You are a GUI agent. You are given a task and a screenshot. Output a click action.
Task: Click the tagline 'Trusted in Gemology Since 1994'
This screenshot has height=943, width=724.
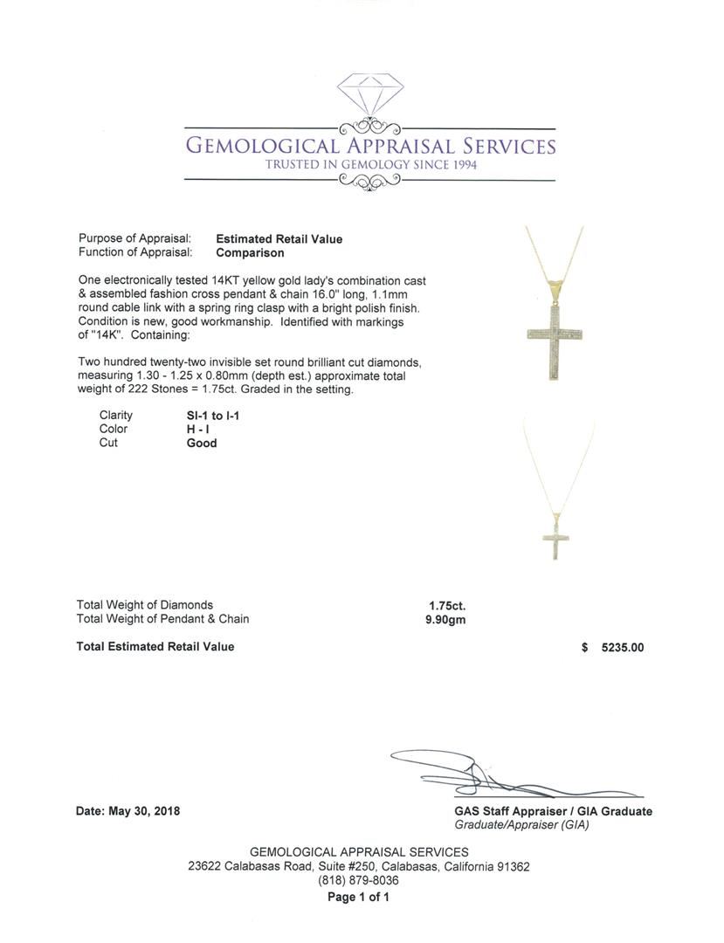click(x=371, y=165)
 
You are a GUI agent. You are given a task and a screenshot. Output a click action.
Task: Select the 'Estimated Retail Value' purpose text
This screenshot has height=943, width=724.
click(x=279, y=239)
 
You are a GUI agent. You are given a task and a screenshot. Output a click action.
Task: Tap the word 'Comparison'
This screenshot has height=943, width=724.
click(x=250, y=253)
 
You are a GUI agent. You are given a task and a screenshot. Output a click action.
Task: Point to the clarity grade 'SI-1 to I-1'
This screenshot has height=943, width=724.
click(x=207, y=416)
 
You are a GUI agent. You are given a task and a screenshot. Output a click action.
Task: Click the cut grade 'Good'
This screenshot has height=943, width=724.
click(x=202, y=443)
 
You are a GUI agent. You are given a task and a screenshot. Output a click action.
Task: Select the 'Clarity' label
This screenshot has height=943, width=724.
click(x=116, y=416)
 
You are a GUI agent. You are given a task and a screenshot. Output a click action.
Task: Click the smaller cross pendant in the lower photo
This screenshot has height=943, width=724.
click(x=550, y=534)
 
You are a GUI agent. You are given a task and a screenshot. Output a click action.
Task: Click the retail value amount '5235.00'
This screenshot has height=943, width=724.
click(x=623, y=648)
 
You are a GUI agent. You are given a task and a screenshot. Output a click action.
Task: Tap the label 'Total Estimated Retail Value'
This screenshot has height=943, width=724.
click(x=155, y=647)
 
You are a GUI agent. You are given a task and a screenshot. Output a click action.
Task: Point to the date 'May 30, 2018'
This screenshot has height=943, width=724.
click(x=144, y=811)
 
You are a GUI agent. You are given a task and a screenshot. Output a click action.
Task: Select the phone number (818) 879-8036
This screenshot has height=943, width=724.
click(x=358, y=881)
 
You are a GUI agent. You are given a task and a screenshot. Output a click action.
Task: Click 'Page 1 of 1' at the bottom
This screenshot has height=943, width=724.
click(x=358, y=897)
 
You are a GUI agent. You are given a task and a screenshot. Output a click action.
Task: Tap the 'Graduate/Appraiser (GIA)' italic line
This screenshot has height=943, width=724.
click(x=521, y=824)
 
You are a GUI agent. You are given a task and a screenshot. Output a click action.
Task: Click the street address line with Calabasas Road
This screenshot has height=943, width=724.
click(x=358, y=867)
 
